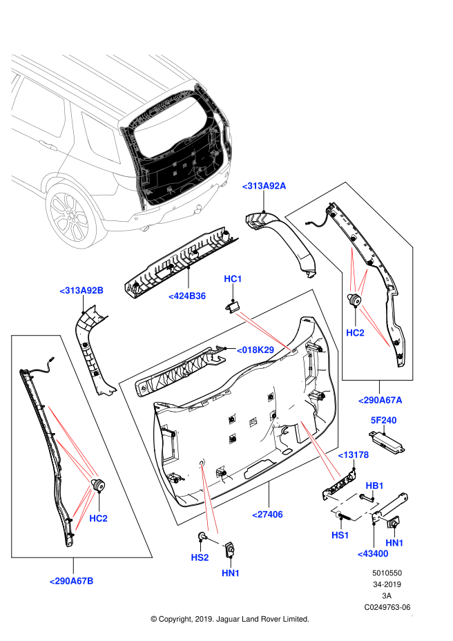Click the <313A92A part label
[x=264, y=186]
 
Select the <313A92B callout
[x=81, y=291]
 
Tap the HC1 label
[x=233, y=279]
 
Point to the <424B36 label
[x=187, y=296]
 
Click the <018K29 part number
[x=256, y=350]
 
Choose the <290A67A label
[x=380, y=400]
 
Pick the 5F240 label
[x=383, y=421]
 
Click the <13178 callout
[x=353, y=455]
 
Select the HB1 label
[x=374, y=486]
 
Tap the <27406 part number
[x=267, y=515]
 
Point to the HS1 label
[x=340, y=535]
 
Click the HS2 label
[x=200, y=557]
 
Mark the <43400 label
[x=372, y=554]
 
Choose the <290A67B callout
[x=71, y=581]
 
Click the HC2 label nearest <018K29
[x=355, y=333]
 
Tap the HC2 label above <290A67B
[x=98, y=519]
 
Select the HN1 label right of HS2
[x=231, y=573]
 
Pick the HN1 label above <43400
[x=394, y=544]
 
